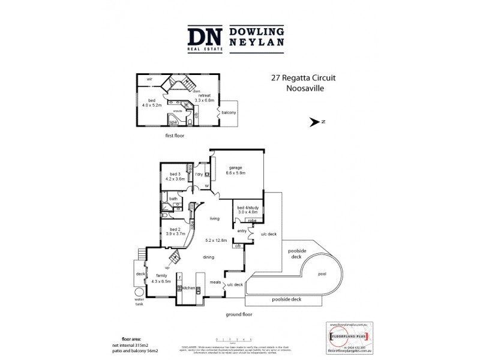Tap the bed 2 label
click(x=175, y=229)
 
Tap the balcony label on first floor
click(x=229, y=113)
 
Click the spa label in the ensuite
click(x=173, y=122)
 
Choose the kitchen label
click(x=188, y=288)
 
